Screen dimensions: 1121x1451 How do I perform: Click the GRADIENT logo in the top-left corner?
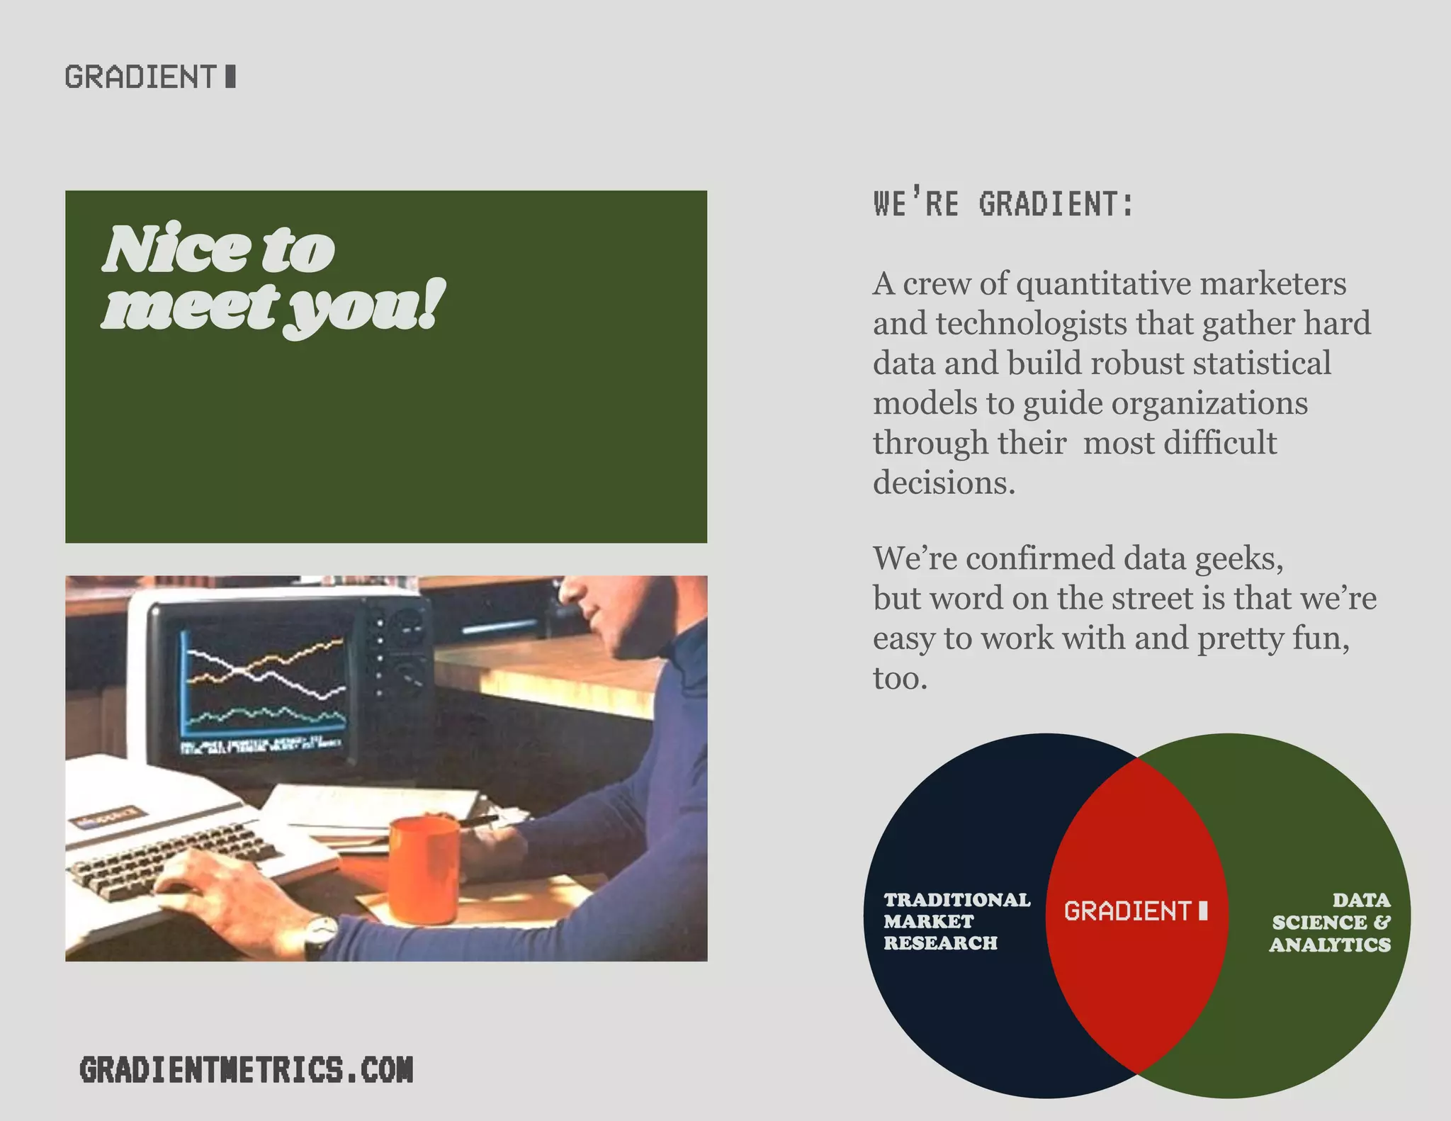tap(149, 77)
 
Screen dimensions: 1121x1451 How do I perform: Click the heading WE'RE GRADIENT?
tap(1003, 204)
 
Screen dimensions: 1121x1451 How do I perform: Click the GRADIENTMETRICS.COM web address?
tap(246, 1070)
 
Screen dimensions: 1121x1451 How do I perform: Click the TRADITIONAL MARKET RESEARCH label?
tap(956, 921)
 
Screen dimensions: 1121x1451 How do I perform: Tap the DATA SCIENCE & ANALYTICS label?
tap(1330, 922)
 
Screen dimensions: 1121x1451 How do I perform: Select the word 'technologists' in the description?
tap(1032, 324)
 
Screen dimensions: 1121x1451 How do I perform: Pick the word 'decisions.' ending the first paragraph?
tap(944, 483)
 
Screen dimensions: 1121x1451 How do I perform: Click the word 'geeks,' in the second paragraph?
tap(1239, 558)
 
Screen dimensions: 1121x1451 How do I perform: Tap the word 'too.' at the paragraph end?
tap(900, 679)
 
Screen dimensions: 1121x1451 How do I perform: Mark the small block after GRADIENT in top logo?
tap(230, 77)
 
